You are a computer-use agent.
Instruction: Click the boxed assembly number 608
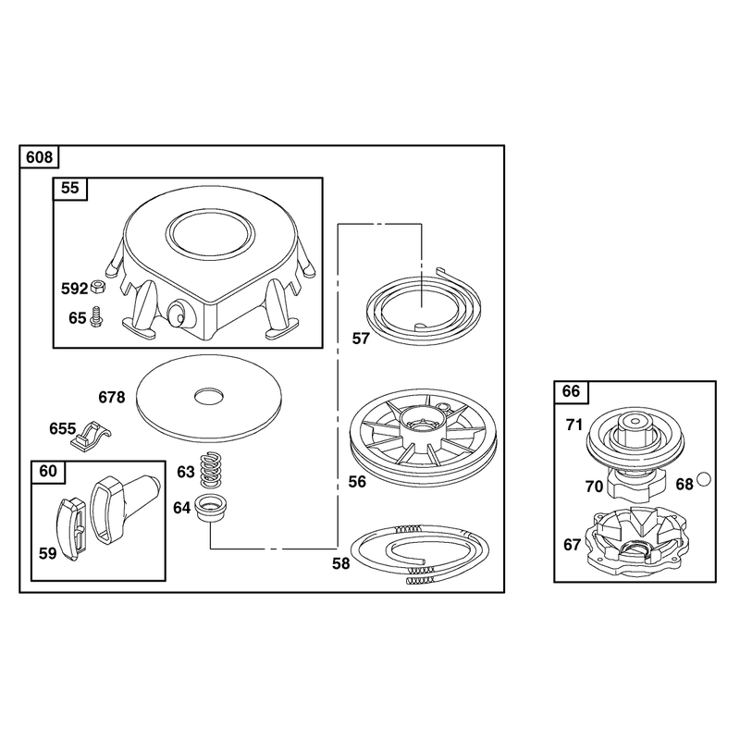coord(39,156)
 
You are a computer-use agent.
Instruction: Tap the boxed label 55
coord(70,188)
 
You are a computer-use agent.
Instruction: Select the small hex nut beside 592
coord(98,286)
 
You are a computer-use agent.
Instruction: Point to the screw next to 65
coord(97,316)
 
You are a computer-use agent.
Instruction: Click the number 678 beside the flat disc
coord(111,398)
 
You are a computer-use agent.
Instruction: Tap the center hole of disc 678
coord(210,396)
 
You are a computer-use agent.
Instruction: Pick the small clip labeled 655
coord(90,435)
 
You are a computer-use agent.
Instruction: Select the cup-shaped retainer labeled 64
coord(211,508)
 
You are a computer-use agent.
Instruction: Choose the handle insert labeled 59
coord(74,529)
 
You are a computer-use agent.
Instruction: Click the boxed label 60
coord(48,471)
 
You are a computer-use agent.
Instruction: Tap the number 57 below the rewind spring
coord(361,339)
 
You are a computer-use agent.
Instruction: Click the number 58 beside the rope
coord(341,563)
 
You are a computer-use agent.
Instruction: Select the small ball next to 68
coord(704,479)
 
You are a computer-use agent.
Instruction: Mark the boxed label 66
coord(571,391)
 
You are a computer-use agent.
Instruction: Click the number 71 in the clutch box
coord(574,425)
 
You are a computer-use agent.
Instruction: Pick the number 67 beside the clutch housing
coord(572,545)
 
